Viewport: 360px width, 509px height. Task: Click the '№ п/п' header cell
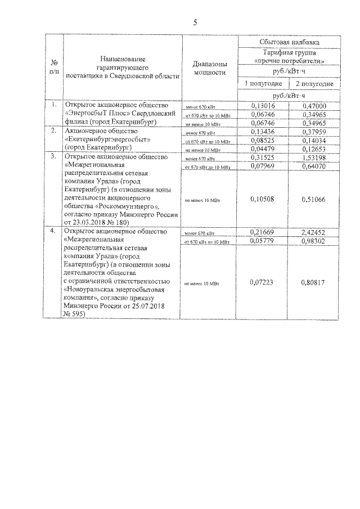(54, 68)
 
